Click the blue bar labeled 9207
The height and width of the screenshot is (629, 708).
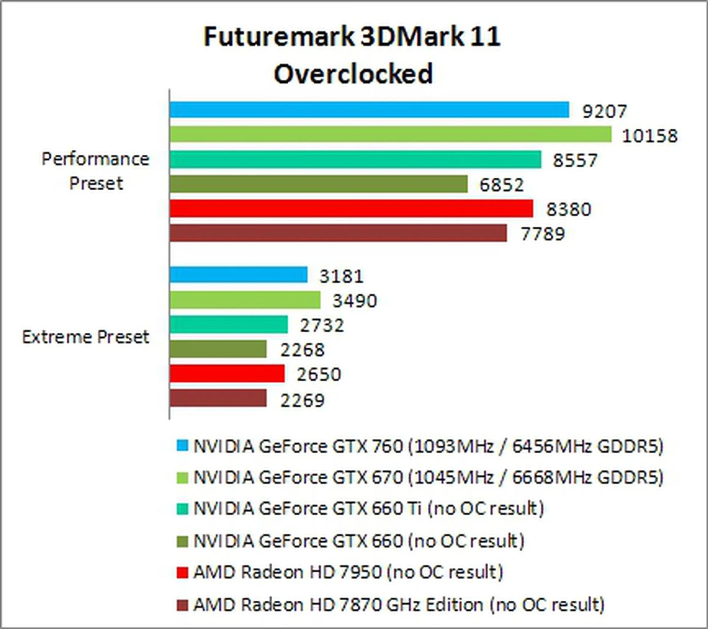369,110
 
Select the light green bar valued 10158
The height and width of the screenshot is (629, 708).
390,134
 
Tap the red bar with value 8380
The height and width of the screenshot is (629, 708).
351,209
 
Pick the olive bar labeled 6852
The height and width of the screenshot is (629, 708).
319,184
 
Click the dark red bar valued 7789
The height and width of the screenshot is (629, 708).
338,233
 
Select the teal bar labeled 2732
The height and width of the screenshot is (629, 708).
229,324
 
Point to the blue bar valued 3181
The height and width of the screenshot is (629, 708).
239,275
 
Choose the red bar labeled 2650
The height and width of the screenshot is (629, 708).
227,373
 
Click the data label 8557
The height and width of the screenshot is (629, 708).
575,160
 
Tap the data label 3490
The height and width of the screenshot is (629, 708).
355,301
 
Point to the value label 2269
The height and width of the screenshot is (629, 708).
302,400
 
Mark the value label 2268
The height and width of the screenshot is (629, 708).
302,350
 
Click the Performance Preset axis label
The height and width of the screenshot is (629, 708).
96,171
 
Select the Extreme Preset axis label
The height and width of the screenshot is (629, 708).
86,337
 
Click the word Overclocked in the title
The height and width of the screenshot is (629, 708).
353,73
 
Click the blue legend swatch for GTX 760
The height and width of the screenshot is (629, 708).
182,446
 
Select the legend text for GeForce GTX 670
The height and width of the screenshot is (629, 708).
428,477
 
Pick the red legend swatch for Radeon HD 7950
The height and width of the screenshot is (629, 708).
182,573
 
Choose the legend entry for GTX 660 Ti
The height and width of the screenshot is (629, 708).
369,508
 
